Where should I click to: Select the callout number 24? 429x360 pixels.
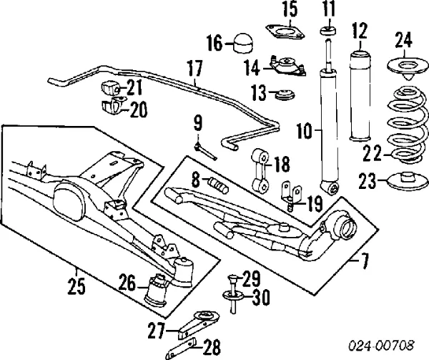click(x=404, y=42)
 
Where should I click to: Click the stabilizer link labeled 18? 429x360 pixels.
click(x=260, y=163)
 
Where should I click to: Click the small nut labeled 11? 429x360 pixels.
click(x=328, y=31)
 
